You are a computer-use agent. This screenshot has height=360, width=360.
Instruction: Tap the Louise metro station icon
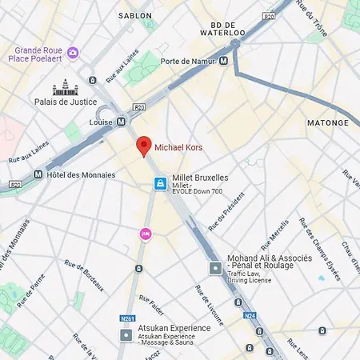click(121, 122)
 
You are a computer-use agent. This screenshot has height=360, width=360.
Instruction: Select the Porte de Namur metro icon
click(223, 60)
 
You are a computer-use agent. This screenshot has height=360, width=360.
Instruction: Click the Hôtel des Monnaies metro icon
click(38, 174)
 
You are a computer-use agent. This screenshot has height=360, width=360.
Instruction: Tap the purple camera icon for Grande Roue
click(74, 53)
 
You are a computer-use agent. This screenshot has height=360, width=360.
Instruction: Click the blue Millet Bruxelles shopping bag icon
click(161, 184)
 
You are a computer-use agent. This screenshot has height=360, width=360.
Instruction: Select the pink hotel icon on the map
click(146, 234)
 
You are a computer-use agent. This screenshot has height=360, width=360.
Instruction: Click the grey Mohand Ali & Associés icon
click(214, 268)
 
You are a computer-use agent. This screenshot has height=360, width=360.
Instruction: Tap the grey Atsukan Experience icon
click(126, 333)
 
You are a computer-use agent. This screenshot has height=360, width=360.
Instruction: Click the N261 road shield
click(128, 318)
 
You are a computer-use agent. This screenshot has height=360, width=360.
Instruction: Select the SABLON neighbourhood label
click(134, 15)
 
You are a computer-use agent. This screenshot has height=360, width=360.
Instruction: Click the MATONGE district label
click(328, 122)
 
